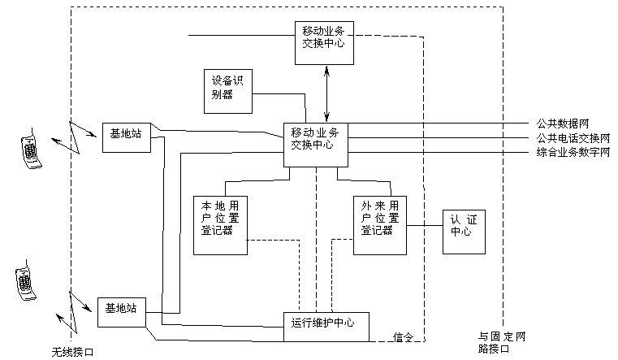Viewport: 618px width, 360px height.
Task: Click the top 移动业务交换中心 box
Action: click(326, 42)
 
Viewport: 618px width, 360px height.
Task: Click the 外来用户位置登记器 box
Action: click(379, 225)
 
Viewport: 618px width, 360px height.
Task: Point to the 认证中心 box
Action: click(461, 232)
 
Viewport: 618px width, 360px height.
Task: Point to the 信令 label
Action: click(403, 336)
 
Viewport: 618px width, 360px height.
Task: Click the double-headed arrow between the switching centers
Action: click(326, 93)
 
